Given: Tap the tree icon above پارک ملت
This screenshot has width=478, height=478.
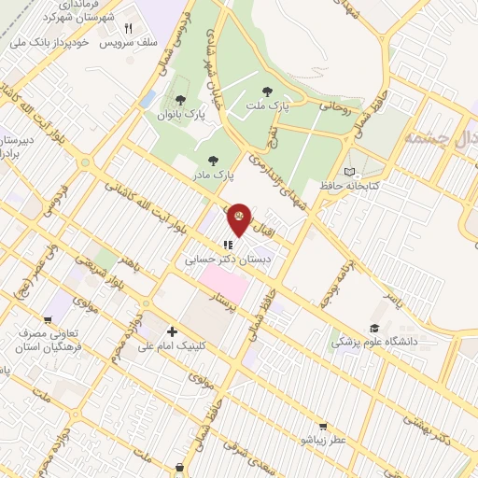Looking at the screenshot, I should tap(269, 91).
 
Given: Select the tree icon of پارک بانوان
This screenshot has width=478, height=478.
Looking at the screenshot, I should tap(179, 100).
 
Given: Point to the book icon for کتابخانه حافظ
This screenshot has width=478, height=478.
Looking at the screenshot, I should tap(350, 172).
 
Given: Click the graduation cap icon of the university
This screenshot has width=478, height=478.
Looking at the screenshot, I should tap(374, 328).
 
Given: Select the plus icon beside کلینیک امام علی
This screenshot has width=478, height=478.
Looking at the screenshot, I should tap(171, 331).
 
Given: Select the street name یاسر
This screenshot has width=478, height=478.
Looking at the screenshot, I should tap(399, 300).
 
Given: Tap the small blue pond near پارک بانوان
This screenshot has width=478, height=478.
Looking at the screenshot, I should tap(147, 98).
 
